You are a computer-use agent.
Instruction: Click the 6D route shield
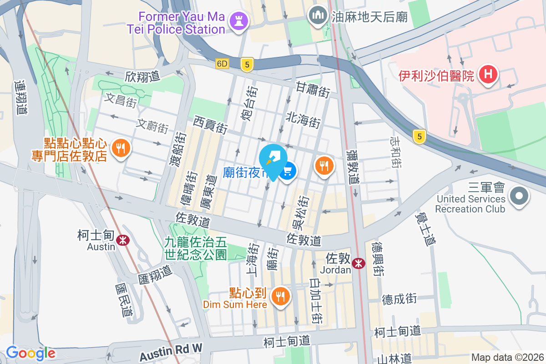click(222, 64)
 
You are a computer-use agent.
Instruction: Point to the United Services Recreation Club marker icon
click(519, 197)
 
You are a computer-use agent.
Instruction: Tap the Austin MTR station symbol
click(122, 240)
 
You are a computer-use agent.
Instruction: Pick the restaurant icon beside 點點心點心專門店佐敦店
click(121, 148)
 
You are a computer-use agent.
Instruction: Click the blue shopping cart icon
click(288, 172)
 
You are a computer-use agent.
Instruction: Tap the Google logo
click(30, 353)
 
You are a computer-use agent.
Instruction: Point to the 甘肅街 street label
click(313, 89)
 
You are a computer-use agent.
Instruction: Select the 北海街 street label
click(303, 120)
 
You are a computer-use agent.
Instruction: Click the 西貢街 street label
click(210, 124)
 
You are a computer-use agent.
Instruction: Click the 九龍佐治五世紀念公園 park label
click(196, 249)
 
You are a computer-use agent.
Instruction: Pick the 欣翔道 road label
click(142, 76)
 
